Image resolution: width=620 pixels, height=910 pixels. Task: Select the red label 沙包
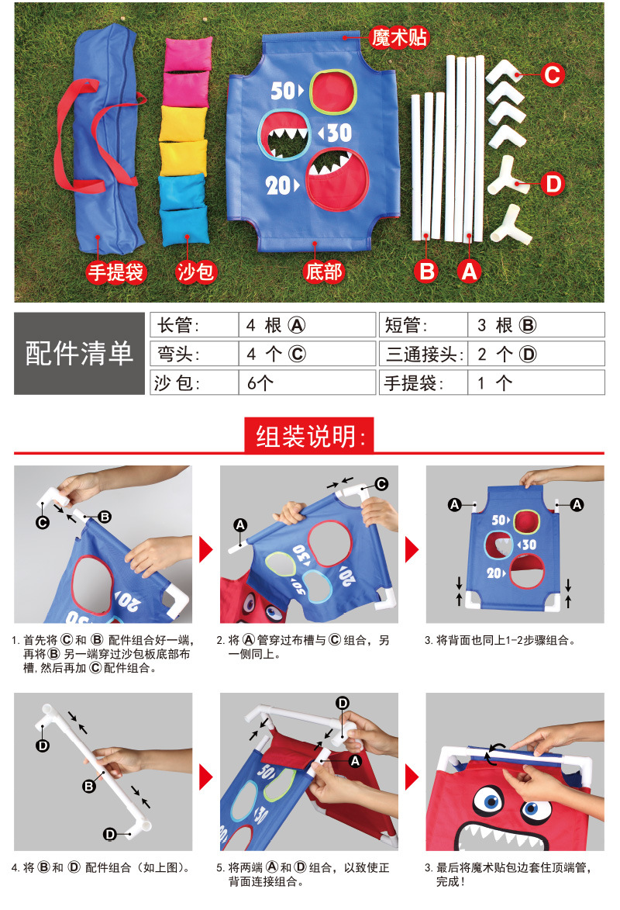(x=195, y=272)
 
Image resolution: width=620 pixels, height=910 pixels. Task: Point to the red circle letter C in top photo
(x=551, y=74)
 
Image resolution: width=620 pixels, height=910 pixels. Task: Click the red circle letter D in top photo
(x=551, y=184)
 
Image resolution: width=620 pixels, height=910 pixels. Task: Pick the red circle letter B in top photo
(x=426, y=272)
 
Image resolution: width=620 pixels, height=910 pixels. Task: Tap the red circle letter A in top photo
(x=468, y=272)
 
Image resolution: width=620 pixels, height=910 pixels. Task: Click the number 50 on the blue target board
(x=282, y=91)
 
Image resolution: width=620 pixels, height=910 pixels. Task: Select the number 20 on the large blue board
(x=280, y=185)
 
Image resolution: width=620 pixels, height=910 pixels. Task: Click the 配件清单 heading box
(x=80, y=353)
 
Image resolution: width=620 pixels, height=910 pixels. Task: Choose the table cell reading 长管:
(x=193, y=324)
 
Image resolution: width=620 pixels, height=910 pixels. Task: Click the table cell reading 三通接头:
(x=422, y=354)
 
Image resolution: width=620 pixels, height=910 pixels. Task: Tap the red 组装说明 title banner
(x=309, y=434)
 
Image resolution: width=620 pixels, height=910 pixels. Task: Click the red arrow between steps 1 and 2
(x=206, y=550)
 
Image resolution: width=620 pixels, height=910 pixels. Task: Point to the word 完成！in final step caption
(x=454, y=882)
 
